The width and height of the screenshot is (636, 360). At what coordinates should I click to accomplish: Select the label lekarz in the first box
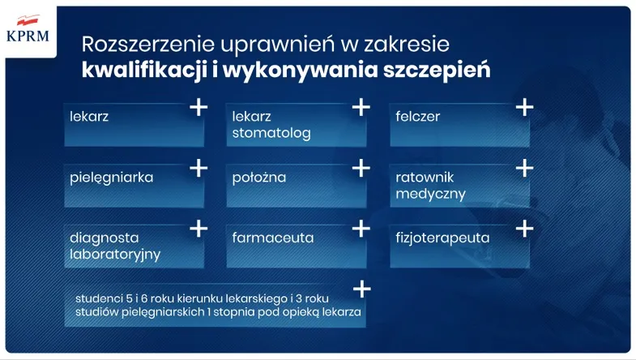pos(89,116)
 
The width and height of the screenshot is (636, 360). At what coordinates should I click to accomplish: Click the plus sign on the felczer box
pos(524,107)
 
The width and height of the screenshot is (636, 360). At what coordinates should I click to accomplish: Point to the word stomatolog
pos(271,134)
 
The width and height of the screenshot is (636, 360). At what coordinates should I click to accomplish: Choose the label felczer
pos(418,116)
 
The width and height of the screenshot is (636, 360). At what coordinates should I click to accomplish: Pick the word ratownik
pos(425,175)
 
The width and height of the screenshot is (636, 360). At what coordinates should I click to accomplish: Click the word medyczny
pos(430,194)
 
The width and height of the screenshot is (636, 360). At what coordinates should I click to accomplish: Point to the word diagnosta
pos(105,238)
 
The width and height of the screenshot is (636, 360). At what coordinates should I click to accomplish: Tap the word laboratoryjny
pos(115,255)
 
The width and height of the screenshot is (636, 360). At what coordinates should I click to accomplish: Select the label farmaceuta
pos(272,238)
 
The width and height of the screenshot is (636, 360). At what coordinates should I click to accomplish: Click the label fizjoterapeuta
pos(442,238)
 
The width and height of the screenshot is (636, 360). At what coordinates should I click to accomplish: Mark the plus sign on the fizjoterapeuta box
pos(524,229)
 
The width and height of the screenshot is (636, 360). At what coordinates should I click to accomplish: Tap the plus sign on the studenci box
pos(361,289)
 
